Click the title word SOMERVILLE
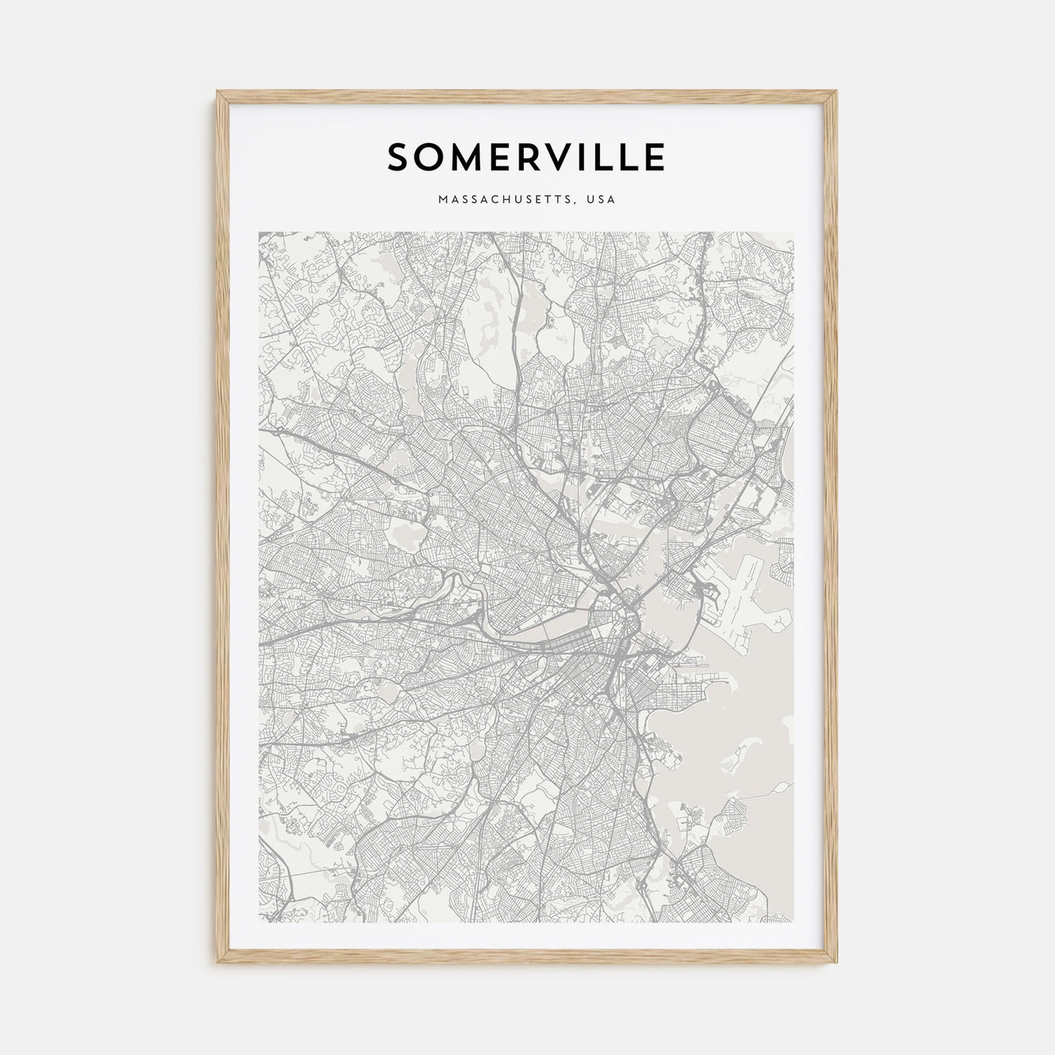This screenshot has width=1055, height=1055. tap(526, 157)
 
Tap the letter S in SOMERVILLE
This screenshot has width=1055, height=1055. tap(399, 157)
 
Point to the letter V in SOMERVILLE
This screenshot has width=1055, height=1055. tap(554, 157)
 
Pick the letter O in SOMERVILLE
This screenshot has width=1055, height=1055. tap(430, 157)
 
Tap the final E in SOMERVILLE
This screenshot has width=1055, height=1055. tap(653, 157)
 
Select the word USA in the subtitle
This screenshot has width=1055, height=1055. tap(603, 200)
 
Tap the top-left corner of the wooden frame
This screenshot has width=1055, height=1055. tap(219, 93)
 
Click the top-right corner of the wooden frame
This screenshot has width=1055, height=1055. tap(837, 93)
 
